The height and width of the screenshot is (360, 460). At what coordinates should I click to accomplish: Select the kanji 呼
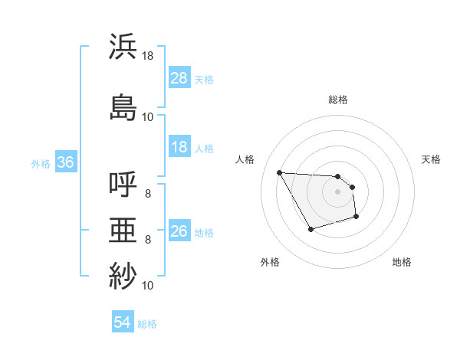123,185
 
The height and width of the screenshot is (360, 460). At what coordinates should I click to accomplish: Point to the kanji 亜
123,229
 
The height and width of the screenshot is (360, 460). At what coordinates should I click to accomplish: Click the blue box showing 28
179,78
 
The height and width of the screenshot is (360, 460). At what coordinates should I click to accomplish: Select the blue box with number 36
65,162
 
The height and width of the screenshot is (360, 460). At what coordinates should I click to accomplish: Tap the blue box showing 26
179,232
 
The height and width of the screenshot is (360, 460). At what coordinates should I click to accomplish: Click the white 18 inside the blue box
179,148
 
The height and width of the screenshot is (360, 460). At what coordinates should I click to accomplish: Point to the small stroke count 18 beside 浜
147,56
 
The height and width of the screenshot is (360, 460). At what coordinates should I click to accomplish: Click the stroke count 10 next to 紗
147,286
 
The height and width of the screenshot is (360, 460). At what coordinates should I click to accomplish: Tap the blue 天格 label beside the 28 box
204,79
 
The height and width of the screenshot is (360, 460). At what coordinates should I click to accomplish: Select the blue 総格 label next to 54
147,324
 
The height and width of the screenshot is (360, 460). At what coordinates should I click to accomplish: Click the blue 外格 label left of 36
41,163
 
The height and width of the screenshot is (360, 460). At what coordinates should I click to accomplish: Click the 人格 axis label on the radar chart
245,159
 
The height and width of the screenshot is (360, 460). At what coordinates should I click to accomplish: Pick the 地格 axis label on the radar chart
402,262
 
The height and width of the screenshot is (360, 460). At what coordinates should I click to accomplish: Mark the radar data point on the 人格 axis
279,172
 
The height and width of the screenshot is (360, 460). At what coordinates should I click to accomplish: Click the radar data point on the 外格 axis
310,229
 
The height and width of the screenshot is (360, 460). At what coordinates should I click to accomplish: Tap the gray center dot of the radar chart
337,191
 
